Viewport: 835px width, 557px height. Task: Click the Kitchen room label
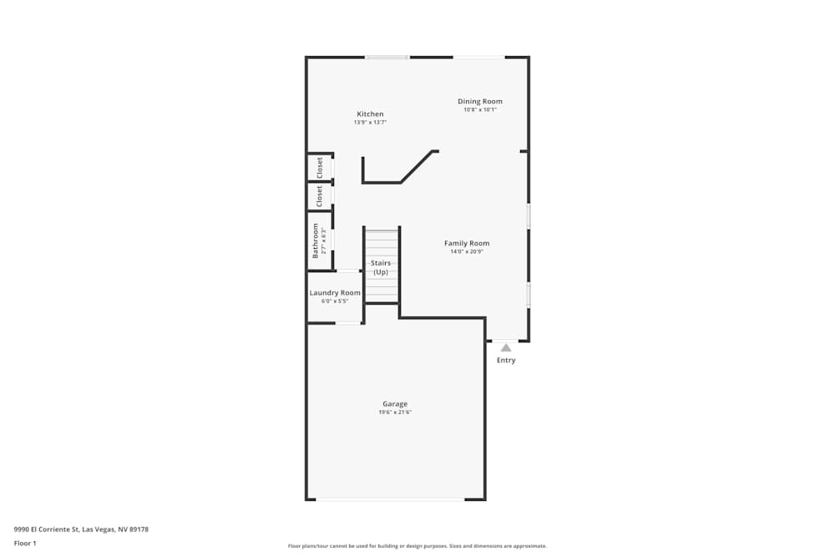370,114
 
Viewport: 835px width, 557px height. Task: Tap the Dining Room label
480,101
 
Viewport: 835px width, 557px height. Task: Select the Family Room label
467,243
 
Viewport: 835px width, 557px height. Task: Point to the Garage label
395,404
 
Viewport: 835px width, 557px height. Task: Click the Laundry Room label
335,292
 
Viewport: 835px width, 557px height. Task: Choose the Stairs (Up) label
381,267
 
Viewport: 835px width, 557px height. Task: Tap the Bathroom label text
316,241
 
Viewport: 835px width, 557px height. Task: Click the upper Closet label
320,168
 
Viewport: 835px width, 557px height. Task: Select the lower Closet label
319,196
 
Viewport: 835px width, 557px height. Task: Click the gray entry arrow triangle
505,347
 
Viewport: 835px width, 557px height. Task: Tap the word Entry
506,361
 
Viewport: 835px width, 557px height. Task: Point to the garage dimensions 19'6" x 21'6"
396,413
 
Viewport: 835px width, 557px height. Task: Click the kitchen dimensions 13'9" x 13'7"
370,123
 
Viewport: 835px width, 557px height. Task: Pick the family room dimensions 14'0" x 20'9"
467,251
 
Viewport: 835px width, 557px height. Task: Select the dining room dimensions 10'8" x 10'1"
480,109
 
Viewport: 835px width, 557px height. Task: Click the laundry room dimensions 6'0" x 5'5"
335,301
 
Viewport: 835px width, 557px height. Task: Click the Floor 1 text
25,543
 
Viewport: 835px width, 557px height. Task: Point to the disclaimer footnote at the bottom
417,546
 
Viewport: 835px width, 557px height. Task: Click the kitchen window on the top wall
387,57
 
